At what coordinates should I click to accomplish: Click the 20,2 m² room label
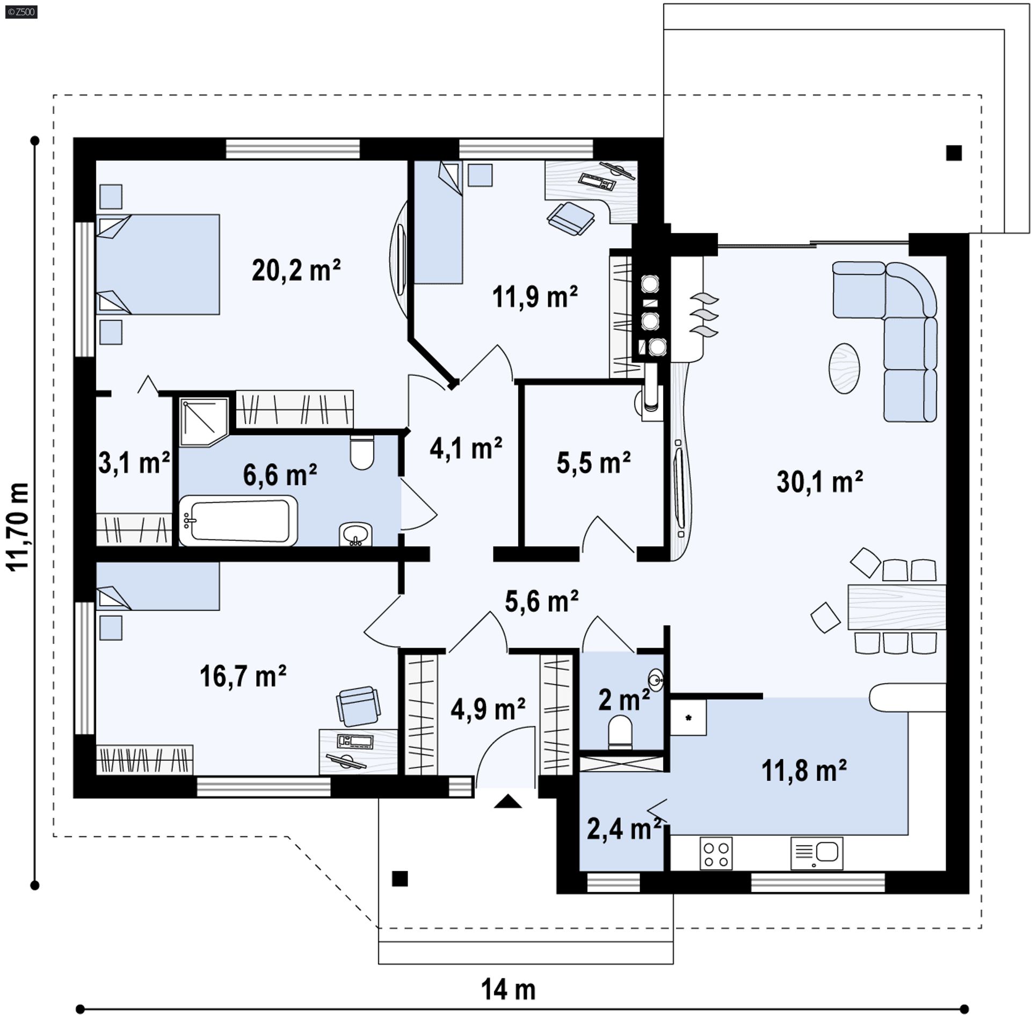click(x=296, y=270)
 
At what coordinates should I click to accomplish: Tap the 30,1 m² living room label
click(x=819, y=482)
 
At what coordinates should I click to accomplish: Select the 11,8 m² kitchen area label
click(x=804, y=771)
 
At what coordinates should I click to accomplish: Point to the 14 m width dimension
click(x=508, y=989)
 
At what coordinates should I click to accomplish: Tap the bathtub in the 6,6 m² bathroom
click(x=238, y=520)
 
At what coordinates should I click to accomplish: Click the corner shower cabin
click(x=204, y=422)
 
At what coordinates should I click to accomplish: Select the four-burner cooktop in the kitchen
click(x=716, y=853)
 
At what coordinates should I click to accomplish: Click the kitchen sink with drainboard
click(x=817, y=853)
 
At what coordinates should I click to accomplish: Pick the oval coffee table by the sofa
click(x=844, y=368)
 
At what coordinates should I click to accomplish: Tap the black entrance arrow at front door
click(x=508, y=802)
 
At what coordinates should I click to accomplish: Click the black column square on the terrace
click(x=954, y=153)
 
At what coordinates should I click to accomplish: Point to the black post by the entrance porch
click(x=400, y=879)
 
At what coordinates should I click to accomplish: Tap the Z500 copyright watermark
click(x=21, y=12)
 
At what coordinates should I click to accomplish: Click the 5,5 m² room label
click(x=593, y=463)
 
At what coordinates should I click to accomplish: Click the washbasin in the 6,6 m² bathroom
click(x=355, y=534)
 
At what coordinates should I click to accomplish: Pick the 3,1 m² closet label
click(x=134, y=463)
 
